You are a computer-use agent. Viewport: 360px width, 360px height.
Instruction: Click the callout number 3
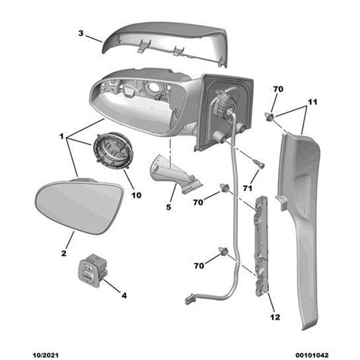pyautogui.click(x=81, y=33)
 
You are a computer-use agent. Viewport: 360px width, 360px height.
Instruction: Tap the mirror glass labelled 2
pyautogui.click(x=79, y=206)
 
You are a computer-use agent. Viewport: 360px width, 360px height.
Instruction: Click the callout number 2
pyautogui.click(x=64, y=253)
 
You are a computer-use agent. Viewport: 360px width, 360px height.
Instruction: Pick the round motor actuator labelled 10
pyautogui.click(x=112, y=151)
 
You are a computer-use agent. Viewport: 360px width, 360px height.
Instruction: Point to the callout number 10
pyautogui.click(x=136, y=195)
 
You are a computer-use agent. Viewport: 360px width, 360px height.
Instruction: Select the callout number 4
pyautogui.click(x=124, y=295)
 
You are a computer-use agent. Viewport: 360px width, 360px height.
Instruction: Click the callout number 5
pyautogui.click(x=169, y=207)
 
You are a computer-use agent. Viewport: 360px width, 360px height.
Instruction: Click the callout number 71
pyautogui.click(x=248, y=188)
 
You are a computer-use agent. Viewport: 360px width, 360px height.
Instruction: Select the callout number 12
pyautogui.click(x=275, y=317)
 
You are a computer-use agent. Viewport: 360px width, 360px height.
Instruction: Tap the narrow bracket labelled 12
pyautogui.click(x=261, y=245)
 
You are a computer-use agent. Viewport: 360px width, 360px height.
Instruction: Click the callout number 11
pyautogui.click(x=312, y=102)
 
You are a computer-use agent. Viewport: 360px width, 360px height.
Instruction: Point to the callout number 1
pyautogui.click(x=62, y=137)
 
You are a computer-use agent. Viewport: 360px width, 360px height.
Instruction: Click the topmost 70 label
pyautogui.click(x=278, y=89)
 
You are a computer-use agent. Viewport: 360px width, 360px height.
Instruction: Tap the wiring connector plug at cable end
pyautogui.click(x=189, y=299)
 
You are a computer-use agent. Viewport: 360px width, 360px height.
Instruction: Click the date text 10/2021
pyautogui.click(x=46, y=355)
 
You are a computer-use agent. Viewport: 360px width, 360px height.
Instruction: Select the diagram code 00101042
pyautogui.click(x=311, y=355)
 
